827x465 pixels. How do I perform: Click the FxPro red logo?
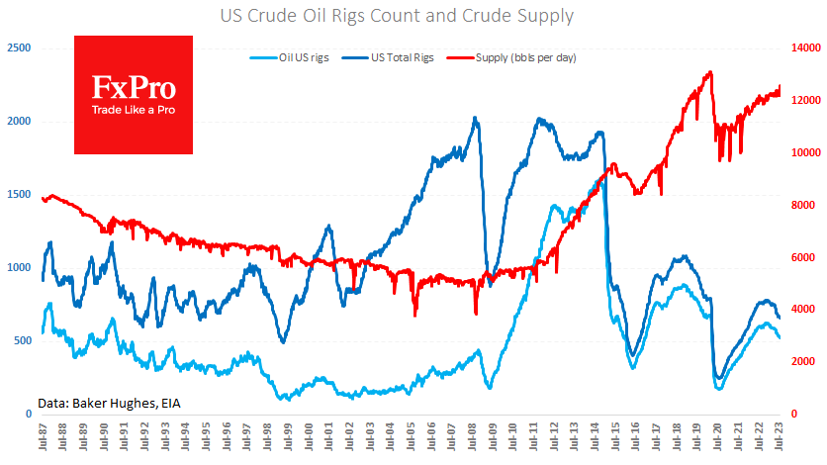click(x=134, y=95)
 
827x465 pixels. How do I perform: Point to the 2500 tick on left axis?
click(x=18, y=47)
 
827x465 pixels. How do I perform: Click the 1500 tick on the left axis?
click(x=18, y=194)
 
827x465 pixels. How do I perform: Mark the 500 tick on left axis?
click(x=21, y=340)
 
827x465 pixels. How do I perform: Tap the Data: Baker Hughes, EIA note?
click(x=110, y=403)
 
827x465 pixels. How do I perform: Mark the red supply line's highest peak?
click(x=709, y=72)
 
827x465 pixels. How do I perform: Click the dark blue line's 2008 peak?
click(x=476, y=118)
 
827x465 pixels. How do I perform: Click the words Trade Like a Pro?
click(x=134, y=109)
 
